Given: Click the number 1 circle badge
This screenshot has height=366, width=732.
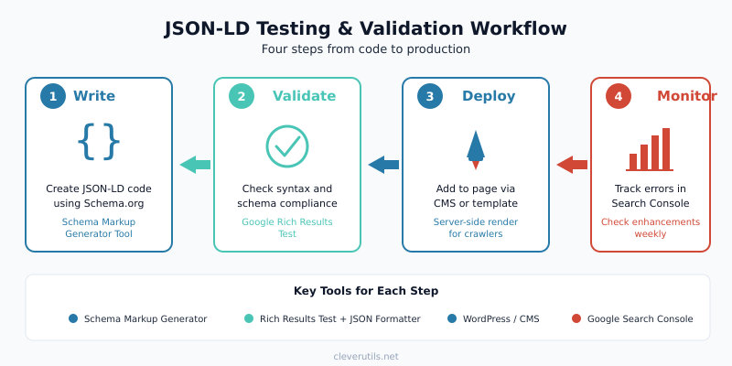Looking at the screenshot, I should coord(52,96).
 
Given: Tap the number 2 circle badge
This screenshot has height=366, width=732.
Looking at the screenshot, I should coord(241,96).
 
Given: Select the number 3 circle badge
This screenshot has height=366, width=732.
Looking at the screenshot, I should coord(429,96).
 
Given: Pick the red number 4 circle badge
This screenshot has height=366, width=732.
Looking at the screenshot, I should coord(618,96).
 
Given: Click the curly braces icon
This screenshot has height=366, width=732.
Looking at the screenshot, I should coord(99,143).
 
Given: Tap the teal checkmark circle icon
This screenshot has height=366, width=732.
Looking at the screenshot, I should coord(287,145).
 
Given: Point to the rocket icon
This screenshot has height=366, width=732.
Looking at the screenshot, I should coord(476,147).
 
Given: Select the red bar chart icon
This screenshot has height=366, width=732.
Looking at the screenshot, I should coord(650,150).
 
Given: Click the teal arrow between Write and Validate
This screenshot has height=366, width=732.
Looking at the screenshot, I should coord(194,165).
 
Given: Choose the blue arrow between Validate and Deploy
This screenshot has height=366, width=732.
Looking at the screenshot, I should coord(383,165).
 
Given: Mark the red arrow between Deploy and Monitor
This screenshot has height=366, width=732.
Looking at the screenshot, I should coord(572,165).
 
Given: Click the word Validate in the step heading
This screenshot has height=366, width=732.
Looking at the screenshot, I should coord(304,96).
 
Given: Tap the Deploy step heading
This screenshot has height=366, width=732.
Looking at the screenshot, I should coord(489,96).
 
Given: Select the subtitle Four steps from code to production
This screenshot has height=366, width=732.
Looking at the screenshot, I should coord(366,49).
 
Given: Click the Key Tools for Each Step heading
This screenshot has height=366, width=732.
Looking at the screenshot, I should coord(366,291).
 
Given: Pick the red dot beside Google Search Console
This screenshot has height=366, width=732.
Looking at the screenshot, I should coord(576,318).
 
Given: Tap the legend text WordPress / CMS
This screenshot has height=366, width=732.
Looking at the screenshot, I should coord(501,318).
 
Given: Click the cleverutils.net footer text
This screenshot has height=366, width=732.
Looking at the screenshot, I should coord(366,356).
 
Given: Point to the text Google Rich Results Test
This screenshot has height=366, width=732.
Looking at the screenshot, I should coord(287,228).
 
